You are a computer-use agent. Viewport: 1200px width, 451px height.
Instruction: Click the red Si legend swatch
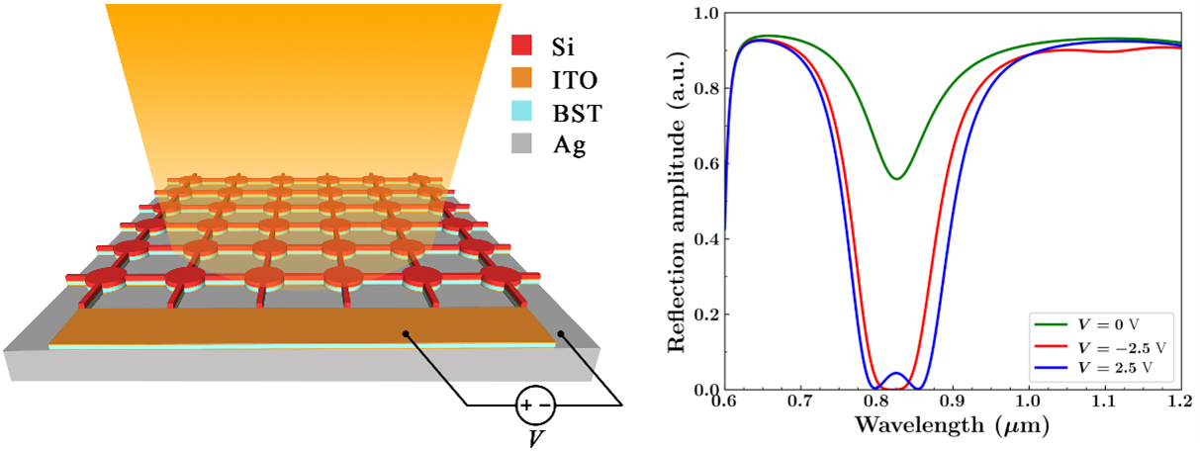[x=521, y=45]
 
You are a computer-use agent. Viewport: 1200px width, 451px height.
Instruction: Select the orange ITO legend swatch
[x=521, y=78]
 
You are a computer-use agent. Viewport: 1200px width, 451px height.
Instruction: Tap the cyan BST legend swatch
[x=521, y=113]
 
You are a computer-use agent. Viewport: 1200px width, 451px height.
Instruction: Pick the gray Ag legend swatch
[x=521, y=146]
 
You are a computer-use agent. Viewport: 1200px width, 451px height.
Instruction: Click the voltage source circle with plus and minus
[x=535, y=404]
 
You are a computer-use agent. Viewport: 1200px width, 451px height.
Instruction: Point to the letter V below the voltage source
[x=535, y=436]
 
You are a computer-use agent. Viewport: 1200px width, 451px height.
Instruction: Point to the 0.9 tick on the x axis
[x=952, y=403]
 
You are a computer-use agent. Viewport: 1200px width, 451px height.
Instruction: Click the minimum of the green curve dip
[x=896, y=178]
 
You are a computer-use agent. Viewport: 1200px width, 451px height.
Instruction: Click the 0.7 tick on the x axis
[x=801, y=403]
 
